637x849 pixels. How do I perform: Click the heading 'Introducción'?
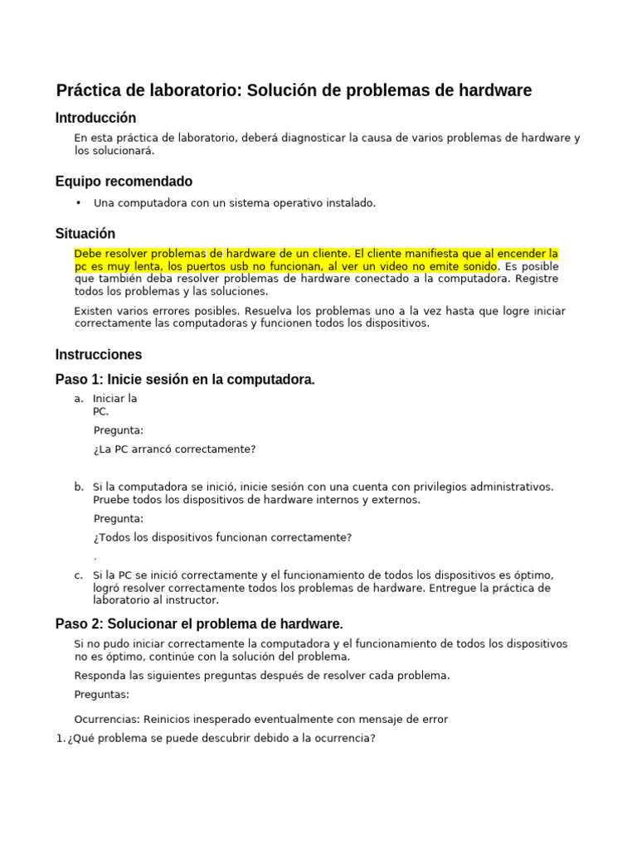coord(95,118)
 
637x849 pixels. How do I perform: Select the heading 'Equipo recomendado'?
coord(124,182)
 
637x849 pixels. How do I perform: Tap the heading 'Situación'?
coord(85,234)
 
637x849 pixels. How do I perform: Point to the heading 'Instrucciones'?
coord(99,355)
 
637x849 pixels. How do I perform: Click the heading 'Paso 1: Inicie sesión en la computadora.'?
coord(185,380)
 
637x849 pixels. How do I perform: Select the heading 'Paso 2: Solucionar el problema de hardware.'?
coord(199,623)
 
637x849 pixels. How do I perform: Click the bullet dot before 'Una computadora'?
coord(79,203)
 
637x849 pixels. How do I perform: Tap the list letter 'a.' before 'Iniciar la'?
coord(79,399)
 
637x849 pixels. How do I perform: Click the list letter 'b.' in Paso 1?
coord(79,487)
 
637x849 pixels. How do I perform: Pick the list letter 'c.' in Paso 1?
coord(79,575)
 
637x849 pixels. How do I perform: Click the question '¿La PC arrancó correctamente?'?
coord(175,449)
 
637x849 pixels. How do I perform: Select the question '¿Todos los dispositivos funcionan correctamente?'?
coord(222,537)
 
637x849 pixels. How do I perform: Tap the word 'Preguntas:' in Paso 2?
coord(101,694)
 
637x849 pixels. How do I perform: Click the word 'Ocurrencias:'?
coord(107,719)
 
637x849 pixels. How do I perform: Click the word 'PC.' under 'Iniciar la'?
coord(100,411)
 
